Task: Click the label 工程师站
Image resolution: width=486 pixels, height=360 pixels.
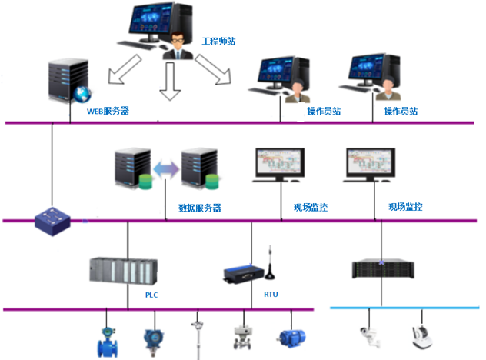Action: [220, 40]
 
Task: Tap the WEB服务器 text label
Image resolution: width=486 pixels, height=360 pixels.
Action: [108, 111]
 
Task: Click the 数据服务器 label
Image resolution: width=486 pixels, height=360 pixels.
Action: [199, 207]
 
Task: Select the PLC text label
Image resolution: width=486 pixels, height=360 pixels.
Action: [151, 294]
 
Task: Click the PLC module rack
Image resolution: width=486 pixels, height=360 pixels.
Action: [125, 272]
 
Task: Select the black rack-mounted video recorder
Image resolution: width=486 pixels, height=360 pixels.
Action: [383, 268]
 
